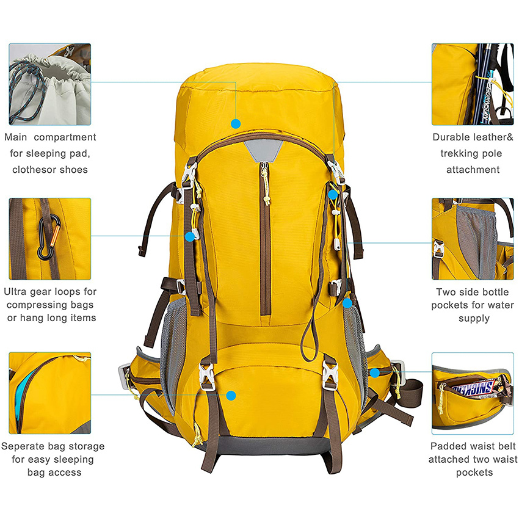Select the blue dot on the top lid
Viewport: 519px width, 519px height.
236,123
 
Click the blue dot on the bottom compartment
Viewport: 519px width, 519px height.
231,395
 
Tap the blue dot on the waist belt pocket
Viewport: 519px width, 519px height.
374,372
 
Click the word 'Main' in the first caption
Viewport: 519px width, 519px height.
18,137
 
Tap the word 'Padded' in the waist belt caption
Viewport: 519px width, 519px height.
449,446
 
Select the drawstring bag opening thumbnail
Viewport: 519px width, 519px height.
49,84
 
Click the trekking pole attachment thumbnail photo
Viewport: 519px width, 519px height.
473,84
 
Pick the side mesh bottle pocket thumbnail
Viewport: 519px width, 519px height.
473,239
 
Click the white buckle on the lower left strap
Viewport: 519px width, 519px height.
206,375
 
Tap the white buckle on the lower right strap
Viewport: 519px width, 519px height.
330,374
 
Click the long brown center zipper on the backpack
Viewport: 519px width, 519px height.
265,244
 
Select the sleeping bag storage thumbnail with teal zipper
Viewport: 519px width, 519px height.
49,393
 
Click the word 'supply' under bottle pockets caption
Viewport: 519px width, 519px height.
473,318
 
